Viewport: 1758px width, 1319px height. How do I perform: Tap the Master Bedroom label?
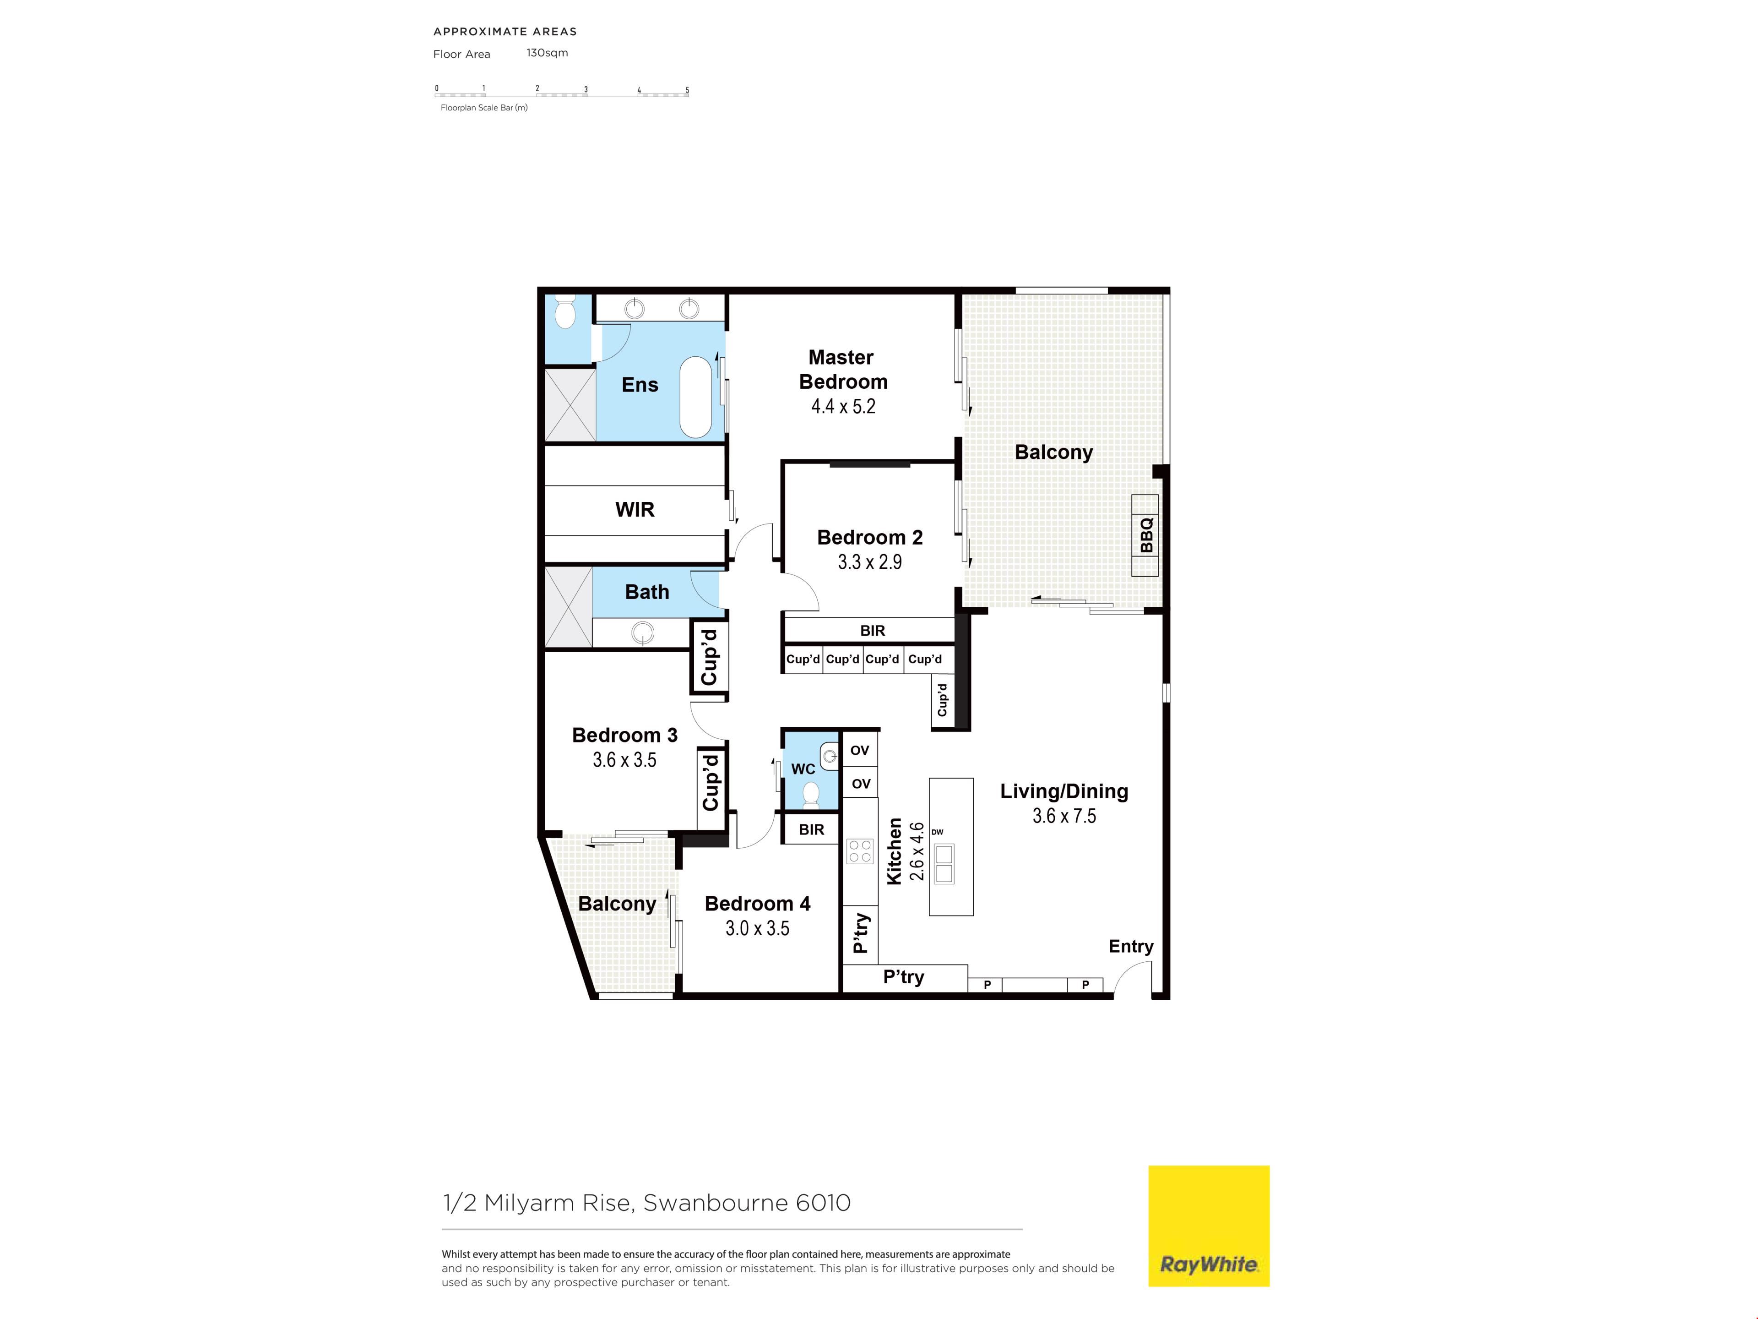tap(842, 370)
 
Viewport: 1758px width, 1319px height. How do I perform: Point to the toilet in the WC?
tap(811, 794)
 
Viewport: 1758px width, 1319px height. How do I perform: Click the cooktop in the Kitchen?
tap(860, 851)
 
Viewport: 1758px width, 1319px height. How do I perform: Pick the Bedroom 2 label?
tap(870, 538)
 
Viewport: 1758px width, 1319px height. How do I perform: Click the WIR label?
tap(635, 510)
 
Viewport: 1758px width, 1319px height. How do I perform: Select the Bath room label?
tap(647, 592)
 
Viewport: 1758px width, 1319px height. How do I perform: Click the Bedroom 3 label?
tap(624, 736)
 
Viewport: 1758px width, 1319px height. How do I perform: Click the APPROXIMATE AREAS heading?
tap(505, 32)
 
